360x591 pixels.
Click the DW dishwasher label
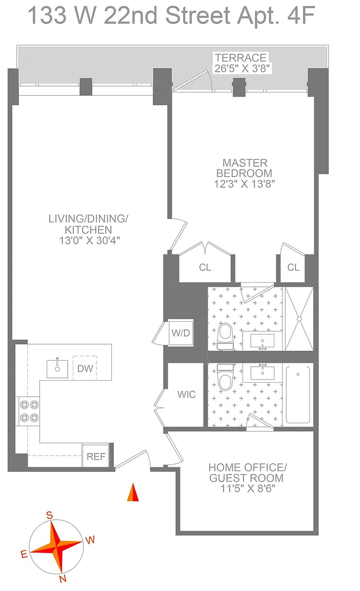[x=85, y=368]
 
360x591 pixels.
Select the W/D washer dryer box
[x=181, y=333]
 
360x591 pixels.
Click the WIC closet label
[x=186, y=394]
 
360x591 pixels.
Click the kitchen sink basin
[x=57, y=369]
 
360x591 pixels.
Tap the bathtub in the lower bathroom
[x=298, y=395]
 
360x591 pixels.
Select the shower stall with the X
[x=299, y=319]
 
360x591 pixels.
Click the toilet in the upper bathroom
[x=226, y=336]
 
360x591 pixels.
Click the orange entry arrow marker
[x=133, y=493]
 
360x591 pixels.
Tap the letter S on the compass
[x=49, y=515]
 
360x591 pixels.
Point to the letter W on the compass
[x=90, y=540]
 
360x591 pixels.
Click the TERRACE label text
[x=241, y=57]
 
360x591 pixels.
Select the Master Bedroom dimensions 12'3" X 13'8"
[x=245, y=184]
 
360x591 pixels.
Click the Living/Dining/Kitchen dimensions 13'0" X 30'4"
[x=89, y=241]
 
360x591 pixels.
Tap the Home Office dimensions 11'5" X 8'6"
[x=248, y=488]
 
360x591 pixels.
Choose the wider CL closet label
[x=205, y=267]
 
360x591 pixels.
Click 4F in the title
[x=301, y=16]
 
